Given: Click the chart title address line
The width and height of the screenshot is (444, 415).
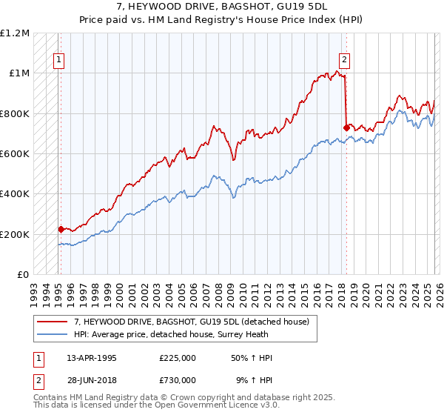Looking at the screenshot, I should [222, 7].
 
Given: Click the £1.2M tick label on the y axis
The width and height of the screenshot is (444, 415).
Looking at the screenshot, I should [15, 33].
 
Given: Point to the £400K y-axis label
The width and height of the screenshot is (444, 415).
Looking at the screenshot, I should [15, 194].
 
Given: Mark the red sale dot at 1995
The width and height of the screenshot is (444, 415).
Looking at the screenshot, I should [61, 230].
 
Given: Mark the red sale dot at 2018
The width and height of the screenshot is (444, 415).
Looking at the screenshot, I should [346, 127].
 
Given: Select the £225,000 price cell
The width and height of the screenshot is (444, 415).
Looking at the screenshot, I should [177, 358].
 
